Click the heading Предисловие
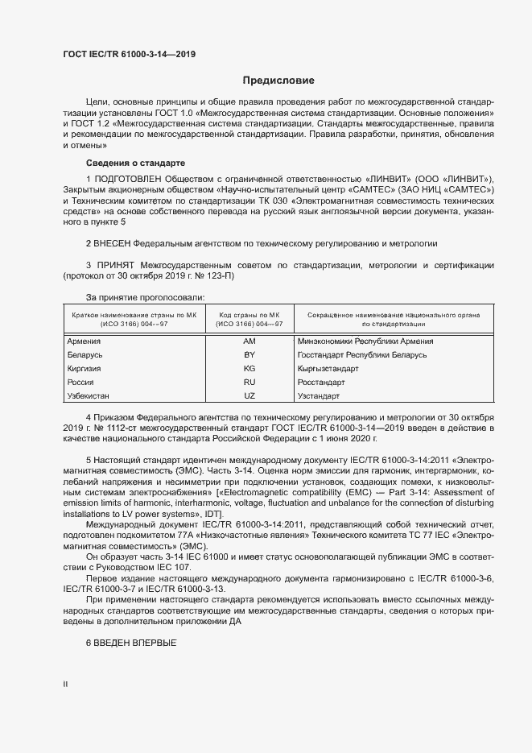click(278, 81)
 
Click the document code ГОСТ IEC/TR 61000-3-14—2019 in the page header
click(130, 55)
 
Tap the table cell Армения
click(84, 341)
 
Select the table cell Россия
click(80, 383)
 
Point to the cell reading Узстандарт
click(319, 396)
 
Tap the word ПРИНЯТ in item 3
click(115, 265)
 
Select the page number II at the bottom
click(66, 685)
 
